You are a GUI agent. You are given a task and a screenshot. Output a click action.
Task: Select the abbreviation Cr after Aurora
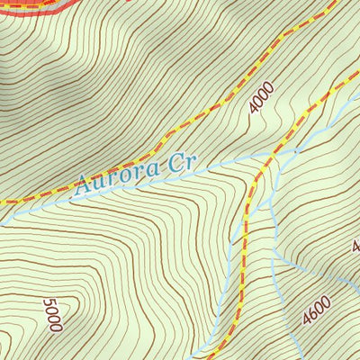coord(184,165)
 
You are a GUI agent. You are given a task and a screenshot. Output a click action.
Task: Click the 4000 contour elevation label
coord(261,97)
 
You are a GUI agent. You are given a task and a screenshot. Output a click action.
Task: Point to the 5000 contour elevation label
coord(53,315)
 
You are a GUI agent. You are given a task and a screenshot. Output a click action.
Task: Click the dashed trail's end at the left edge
coord(4,201)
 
